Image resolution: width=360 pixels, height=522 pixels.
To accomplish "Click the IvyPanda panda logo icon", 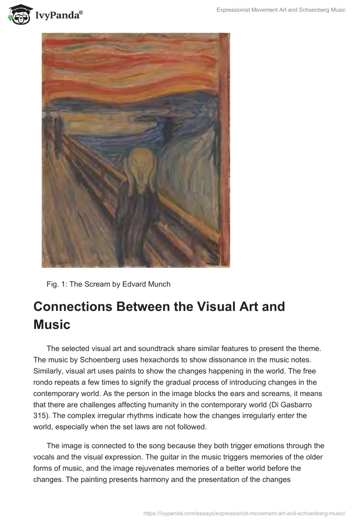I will (18, 15).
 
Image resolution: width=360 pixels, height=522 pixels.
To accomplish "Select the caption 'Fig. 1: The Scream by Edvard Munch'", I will (108, 284).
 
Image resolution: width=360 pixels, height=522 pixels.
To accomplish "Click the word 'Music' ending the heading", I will (52, 324).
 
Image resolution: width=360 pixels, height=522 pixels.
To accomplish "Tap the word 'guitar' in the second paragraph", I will (174, 457).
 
